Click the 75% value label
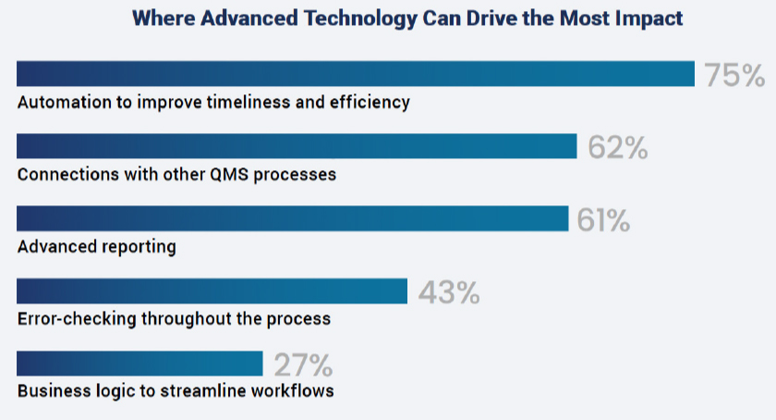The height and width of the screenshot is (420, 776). tap(734, 75)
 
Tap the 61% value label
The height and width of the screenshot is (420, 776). tap(603, 219)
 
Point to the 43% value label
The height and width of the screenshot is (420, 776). tap(449, 292)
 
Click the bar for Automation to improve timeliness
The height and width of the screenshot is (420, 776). tap(356, 74)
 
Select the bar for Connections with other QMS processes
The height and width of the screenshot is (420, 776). tap(297, 146)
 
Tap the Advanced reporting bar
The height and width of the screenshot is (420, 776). tap(292, 218)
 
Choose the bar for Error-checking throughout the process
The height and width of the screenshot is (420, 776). tap(212, 290)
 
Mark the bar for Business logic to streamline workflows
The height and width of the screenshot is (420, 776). tap(139, 364)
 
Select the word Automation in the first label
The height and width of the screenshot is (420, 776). tap(63, 102)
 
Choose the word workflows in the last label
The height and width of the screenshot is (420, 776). tap(293, 390)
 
